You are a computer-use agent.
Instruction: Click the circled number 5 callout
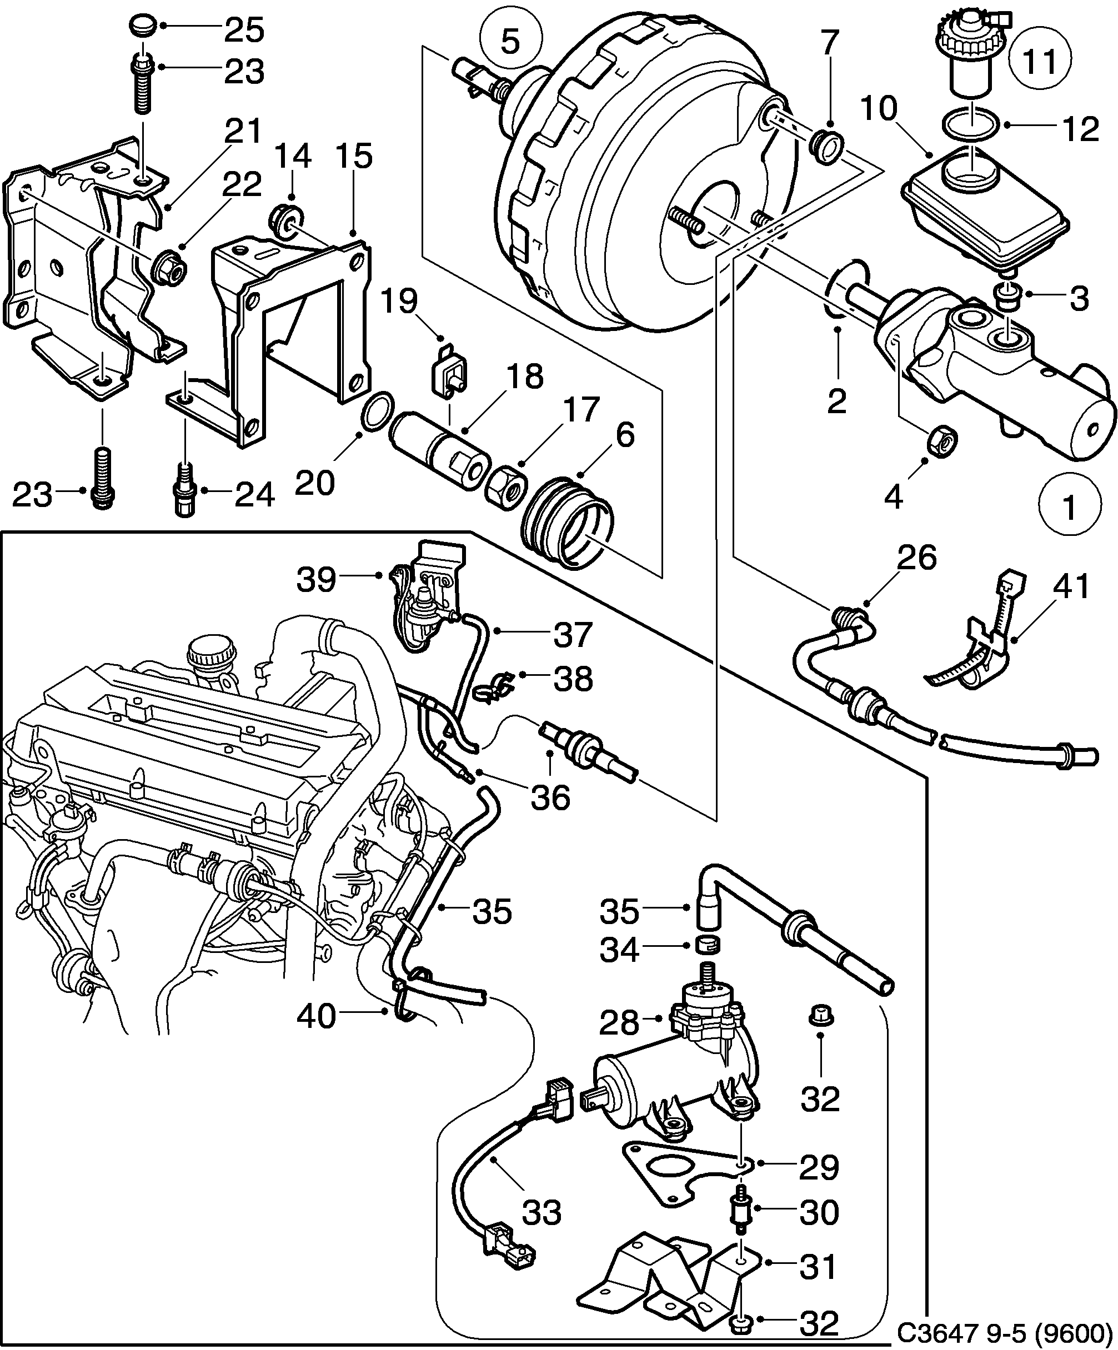(510, 42)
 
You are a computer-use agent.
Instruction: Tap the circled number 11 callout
(1040, 62)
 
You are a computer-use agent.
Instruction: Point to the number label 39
(317, 580)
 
